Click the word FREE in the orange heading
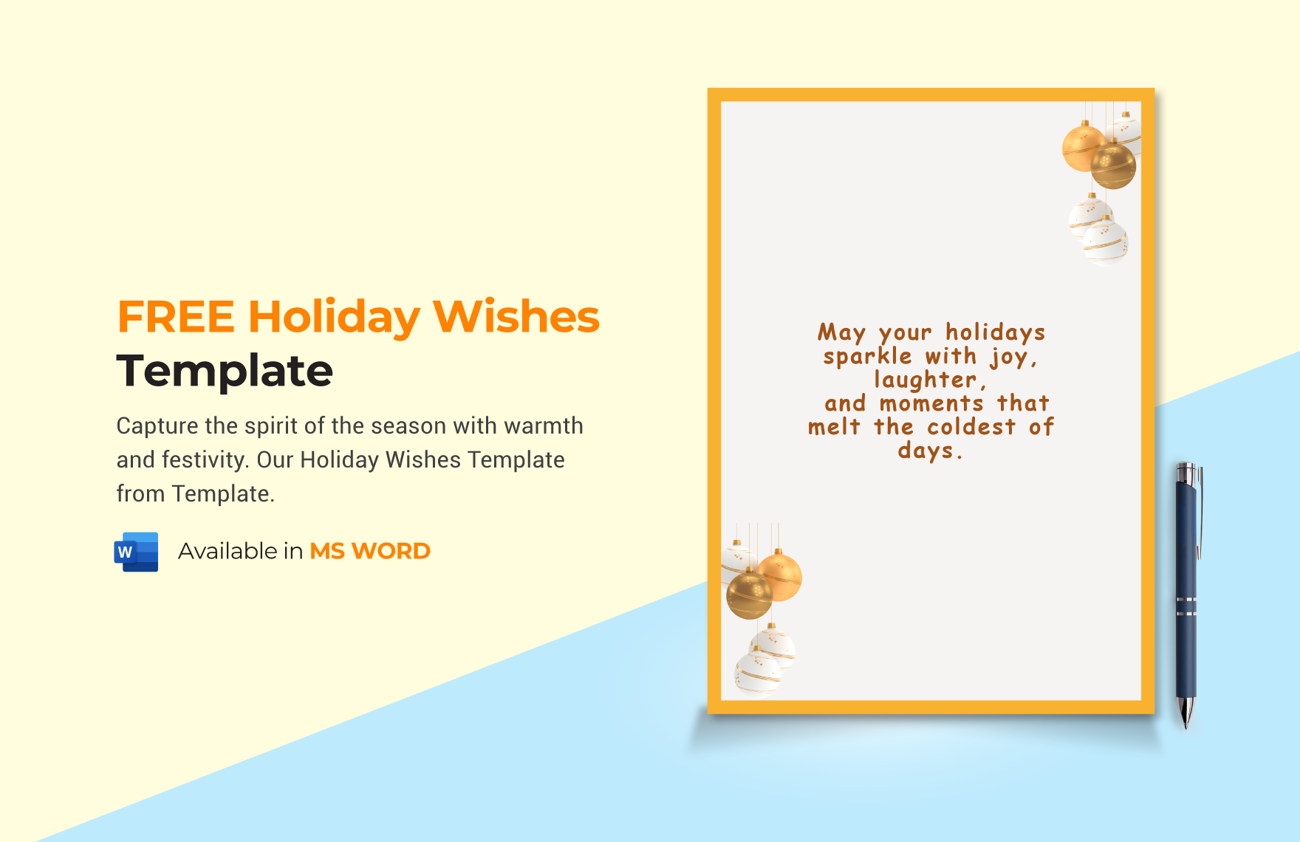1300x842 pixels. click(176, 318)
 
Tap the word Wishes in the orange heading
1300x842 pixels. click(516, 318)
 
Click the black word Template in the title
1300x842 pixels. click(225, 371)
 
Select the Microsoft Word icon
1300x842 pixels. click(137, 552)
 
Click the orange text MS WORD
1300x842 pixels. click(369, 551)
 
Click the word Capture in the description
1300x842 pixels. click(157, 426)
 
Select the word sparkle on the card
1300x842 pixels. click(868, 357)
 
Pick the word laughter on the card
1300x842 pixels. click(927, 380)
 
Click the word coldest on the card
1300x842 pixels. click(971, 428)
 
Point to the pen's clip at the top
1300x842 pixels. click(1200, 510)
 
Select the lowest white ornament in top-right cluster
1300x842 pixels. click(1105, 242)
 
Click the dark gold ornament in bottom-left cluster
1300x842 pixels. click(749, 595)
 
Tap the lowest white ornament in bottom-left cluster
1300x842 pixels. click(756, 674)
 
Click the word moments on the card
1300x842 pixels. click(931, 404)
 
